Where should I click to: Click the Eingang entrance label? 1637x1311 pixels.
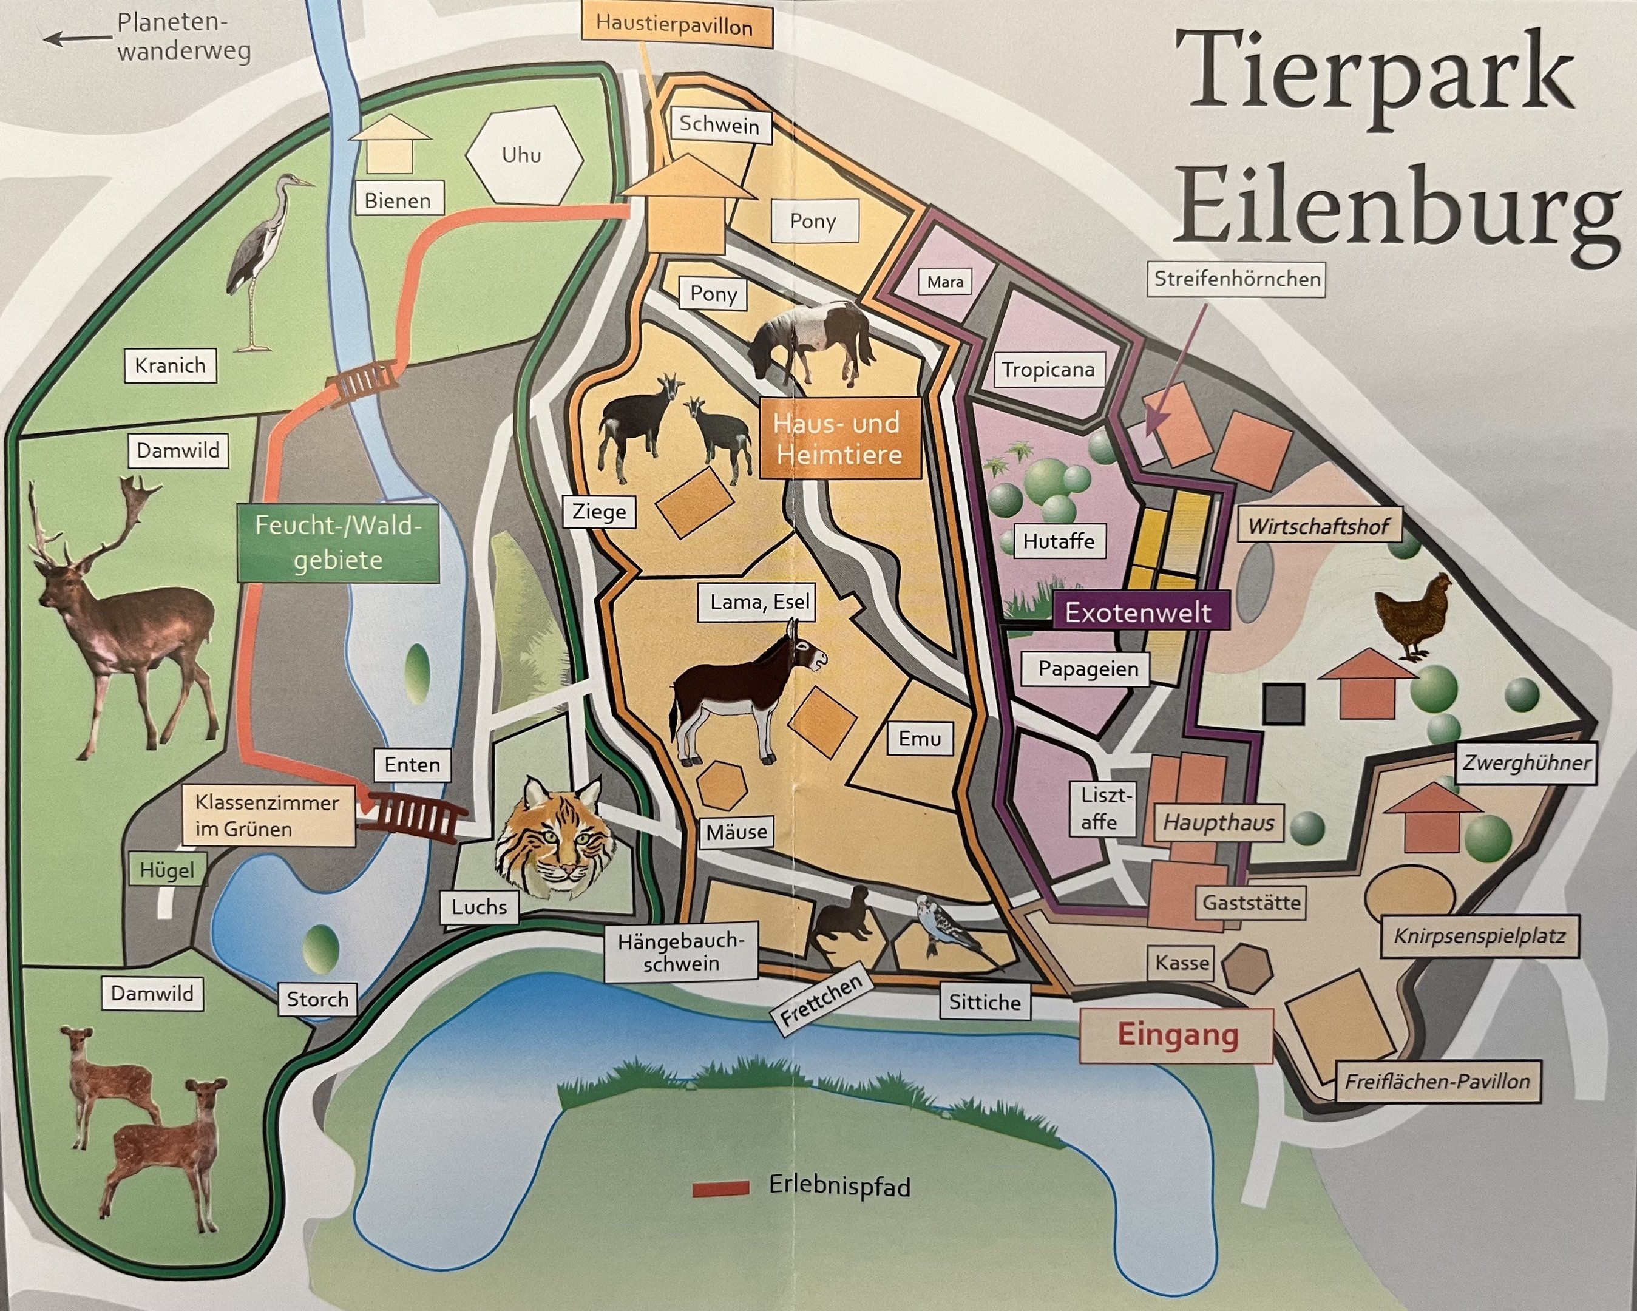(1176, 1035)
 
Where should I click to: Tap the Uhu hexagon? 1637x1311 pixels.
(523, 155)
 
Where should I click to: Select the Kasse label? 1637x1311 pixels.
(1181, 963)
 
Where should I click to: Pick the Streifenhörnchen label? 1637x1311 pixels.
(1237, 279)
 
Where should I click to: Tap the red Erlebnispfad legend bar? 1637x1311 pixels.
(720, 1188)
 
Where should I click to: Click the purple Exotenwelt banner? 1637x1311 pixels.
(1139, 612)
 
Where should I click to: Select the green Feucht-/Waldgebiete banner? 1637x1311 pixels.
(338, 543)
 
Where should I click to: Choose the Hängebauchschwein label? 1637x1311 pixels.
(680, 952)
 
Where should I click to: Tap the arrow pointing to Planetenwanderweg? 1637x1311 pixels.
(76, 37)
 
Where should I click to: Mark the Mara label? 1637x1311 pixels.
(945, 282)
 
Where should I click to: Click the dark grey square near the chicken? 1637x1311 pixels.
(1284, 703)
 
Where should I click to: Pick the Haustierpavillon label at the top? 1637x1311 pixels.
(674, 26)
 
